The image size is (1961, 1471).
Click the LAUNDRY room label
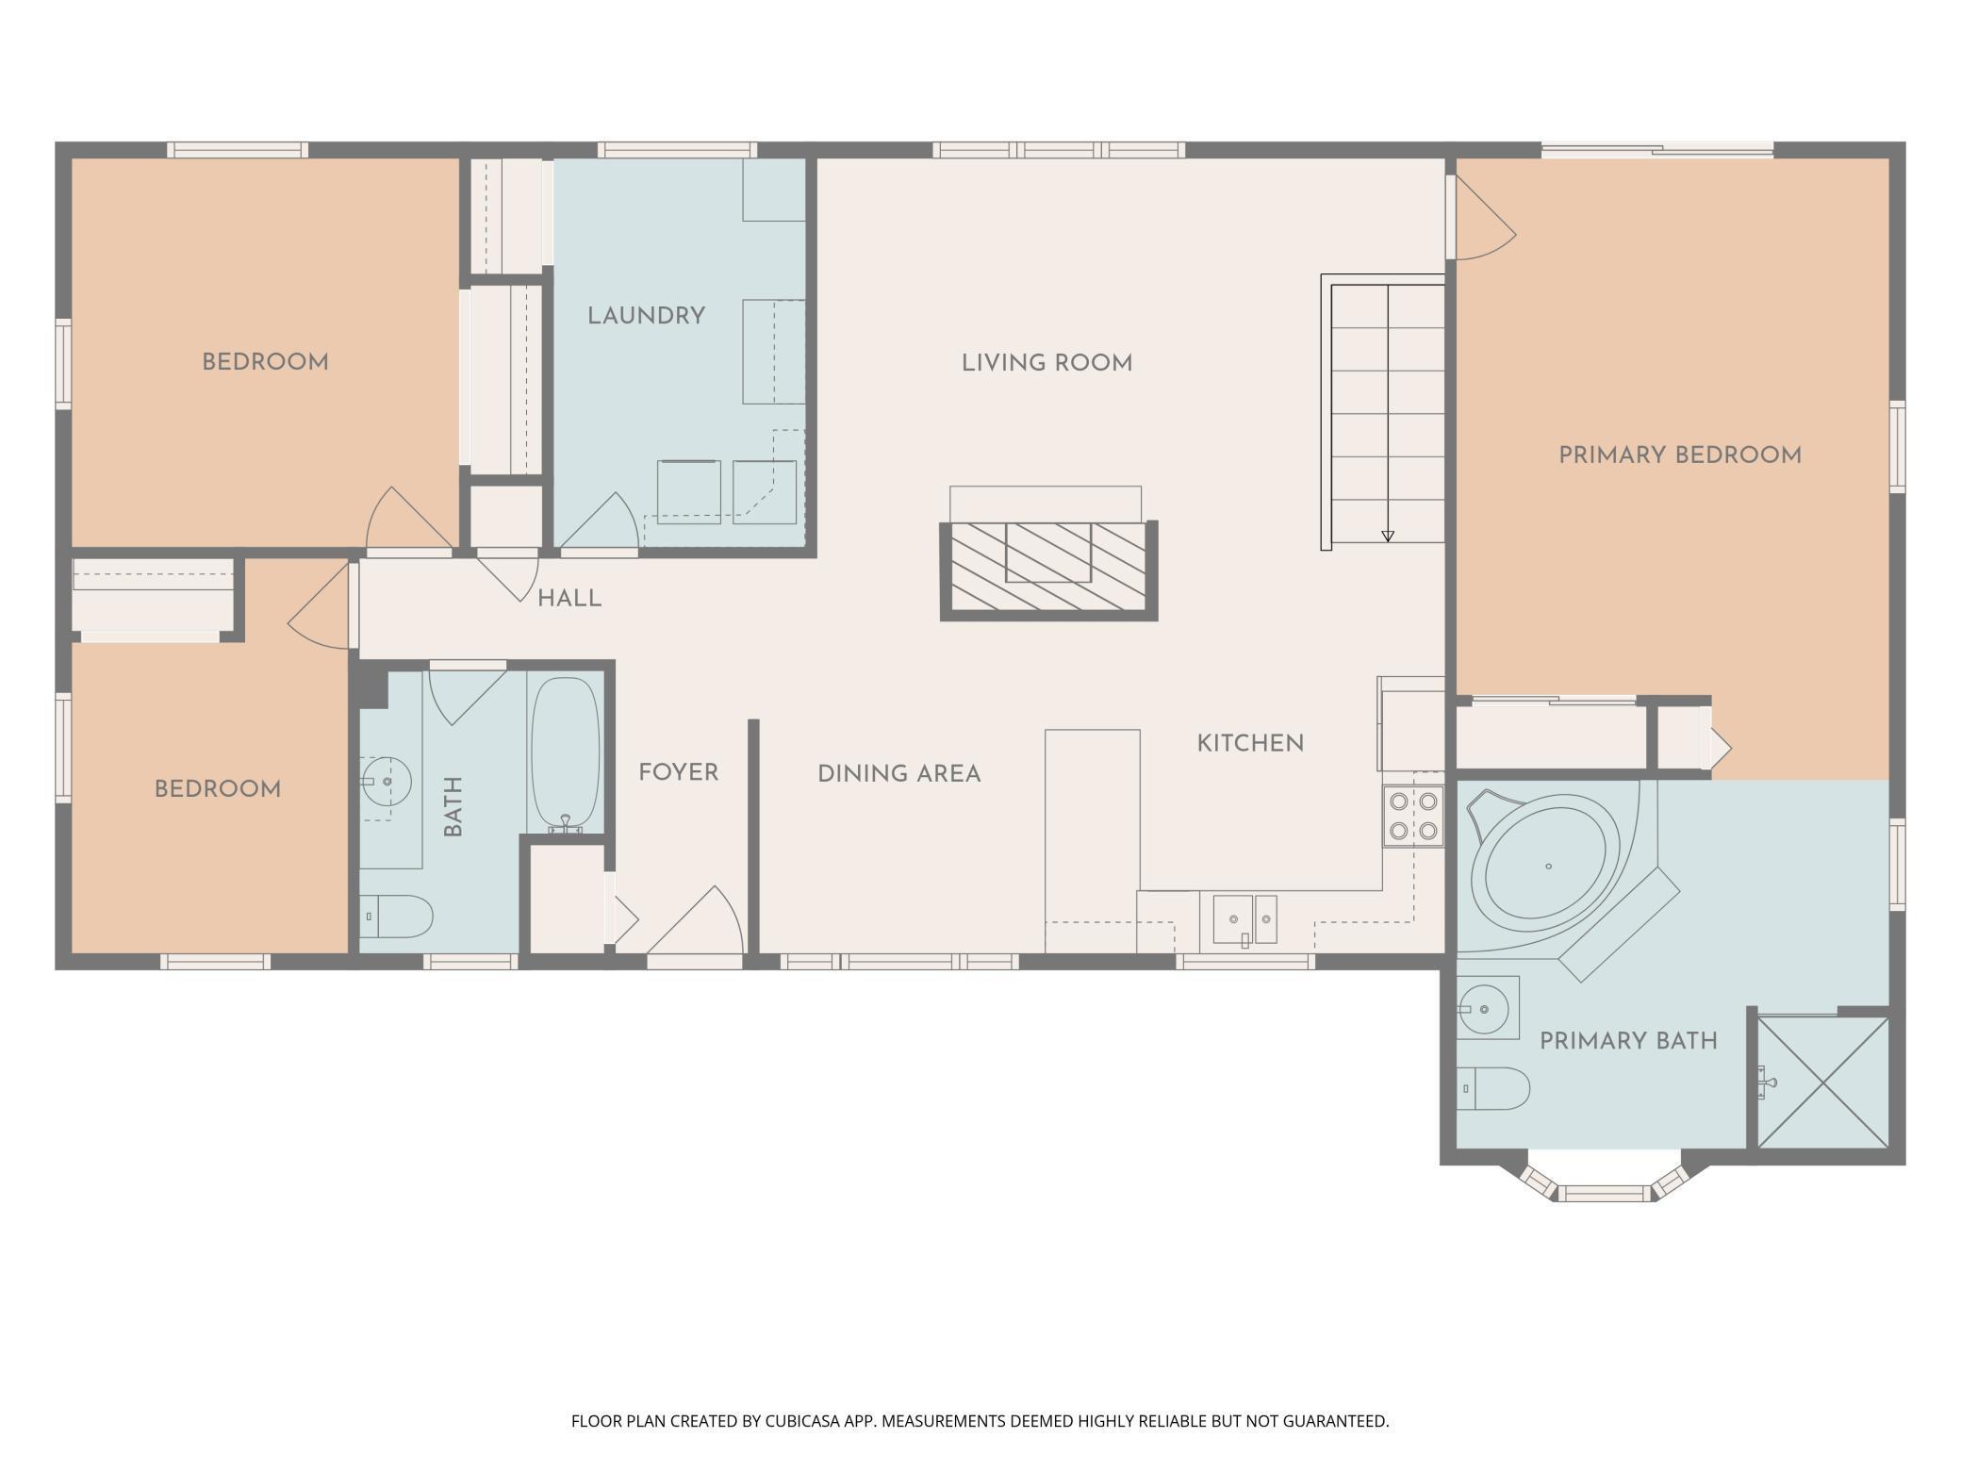(x=646, y=316)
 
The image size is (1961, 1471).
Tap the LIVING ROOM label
(x=1046, y=363)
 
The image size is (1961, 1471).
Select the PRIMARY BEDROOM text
(x=1680, y=455)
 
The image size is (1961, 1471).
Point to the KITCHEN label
(x=1250, y=744)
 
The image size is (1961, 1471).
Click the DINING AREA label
(x=898, y=774)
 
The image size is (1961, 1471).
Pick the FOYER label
(x=678, y=773)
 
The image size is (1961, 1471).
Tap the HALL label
(x=569, y=599)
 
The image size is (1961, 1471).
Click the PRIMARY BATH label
(x=1628, y=1041)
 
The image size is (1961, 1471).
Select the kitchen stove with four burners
(x=1413, y=817)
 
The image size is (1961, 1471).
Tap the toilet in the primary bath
(x=1492, y=1088)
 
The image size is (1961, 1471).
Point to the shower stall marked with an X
(x=1823, y=1083)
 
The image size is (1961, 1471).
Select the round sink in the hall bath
(x=387, y=782)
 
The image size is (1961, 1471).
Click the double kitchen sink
(x=1244, y=919)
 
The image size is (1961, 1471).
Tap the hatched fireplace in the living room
(x=1048, y=570)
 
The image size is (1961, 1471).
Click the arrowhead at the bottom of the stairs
(x=1388, y=537)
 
